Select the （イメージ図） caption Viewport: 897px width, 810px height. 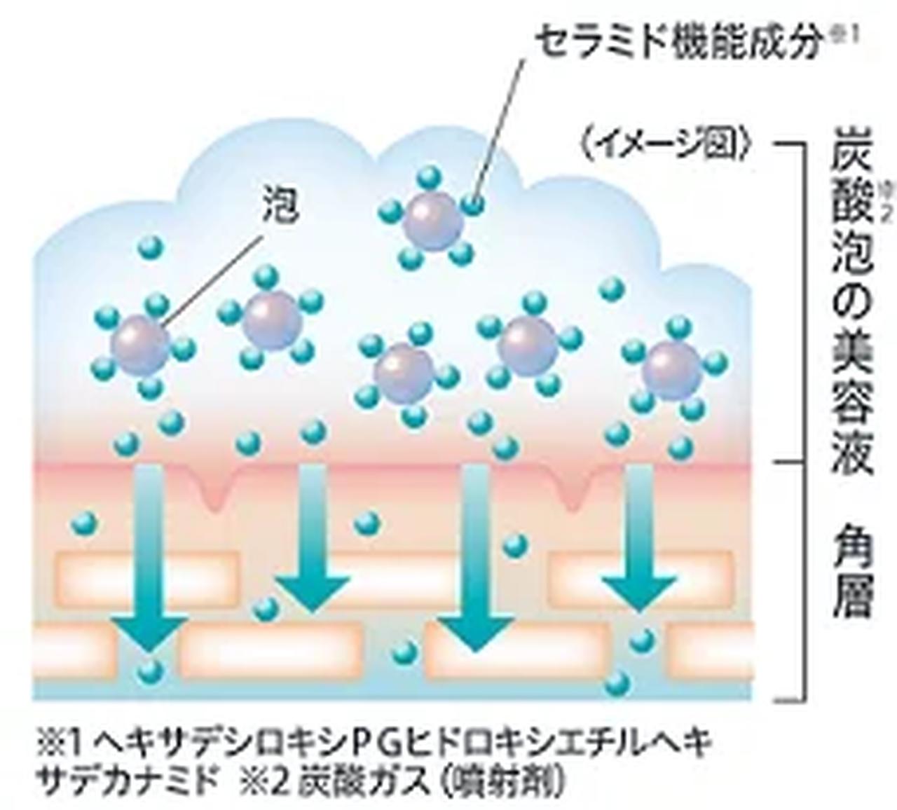(x=665, y=145)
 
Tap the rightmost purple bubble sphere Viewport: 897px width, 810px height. (x=673, y=370)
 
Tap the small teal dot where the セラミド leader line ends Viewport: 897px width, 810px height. (x=474, y=204)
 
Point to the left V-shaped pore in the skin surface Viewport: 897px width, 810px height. (x=214, y=490)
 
